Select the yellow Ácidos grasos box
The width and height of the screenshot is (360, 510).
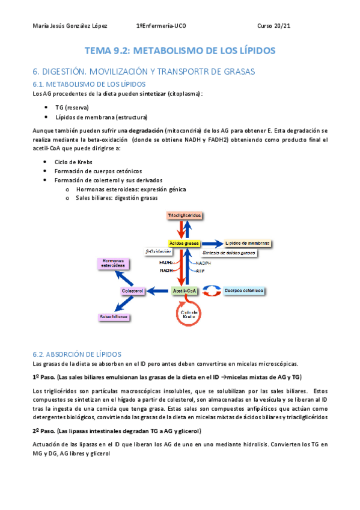pos(184,243)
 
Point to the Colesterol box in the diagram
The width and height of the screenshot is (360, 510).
pos(132,291)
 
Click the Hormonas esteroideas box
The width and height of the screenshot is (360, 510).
pos(113,262)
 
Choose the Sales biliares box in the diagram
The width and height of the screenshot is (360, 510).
pos(114,317)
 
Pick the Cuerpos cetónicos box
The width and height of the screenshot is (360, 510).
pos(243,290)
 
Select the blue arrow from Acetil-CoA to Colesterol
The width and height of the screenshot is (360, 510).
pos(159,291)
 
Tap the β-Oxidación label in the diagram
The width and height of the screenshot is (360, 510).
pos(157,251)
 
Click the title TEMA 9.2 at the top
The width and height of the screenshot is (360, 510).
pos(180,51)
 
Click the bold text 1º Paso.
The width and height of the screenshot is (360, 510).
pos(43,376)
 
